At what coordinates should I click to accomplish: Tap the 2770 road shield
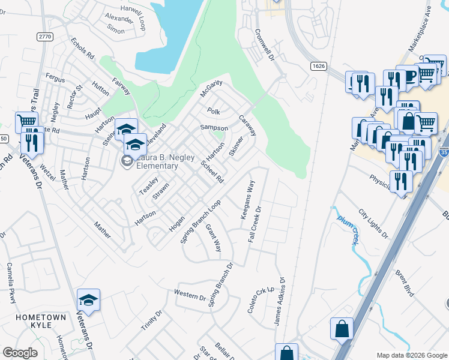44,37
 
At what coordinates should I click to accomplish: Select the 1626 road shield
319,65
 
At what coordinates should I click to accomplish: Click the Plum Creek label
346,226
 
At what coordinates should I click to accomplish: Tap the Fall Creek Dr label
256,224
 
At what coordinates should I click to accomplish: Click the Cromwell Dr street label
264,46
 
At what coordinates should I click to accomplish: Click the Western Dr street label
190,295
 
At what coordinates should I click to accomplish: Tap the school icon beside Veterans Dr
88,299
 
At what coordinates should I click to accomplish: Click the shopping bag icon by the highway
342,328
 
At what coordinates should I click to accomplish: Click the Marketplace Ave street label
420,36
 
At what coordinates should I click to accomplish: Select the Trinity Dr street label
150,324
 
